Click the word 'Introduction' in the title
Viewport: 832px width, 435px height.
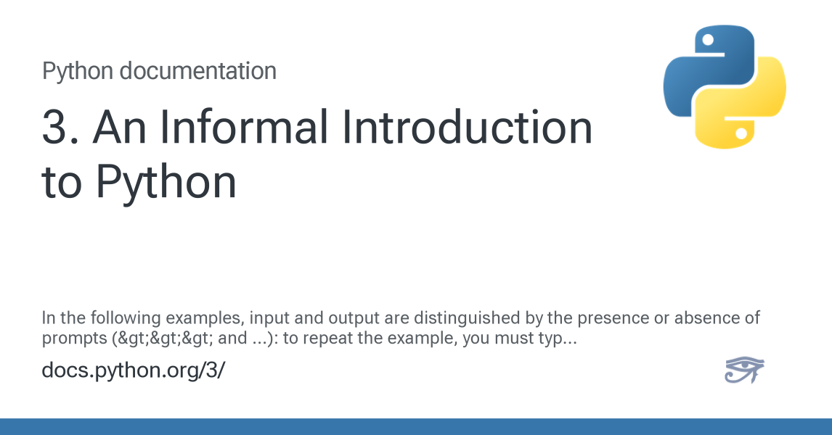(467, 127)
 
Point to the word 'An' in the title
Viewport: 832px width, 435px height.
(119, 127)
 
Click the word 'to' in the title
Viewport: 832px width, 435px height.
(62, 182)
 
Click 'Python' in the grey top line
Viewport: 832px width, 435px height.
(78, 72)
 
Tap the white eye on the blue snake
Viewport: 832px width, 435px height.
(707, 40)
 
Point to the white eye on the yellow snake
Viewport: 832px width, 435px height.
(742, 133)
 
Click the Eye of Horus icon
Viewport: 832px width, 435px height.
(744, 370)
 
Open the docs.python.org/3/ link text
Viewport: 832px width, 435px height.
(133, 370)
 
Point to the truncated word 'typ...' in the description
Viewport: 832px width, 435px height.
(557, 339)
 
